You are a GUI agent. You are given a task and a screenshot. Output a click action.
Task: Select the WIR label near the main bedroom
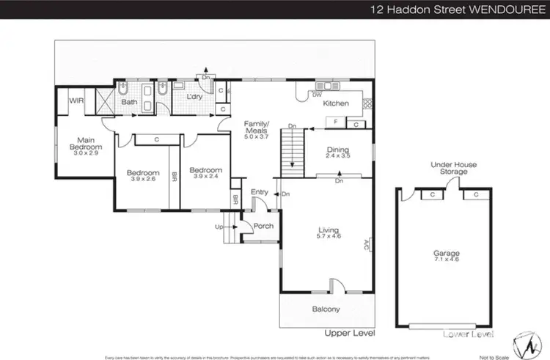[x=76, y=101]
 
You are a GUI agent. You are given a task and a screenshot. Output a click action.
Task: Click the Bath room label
[x=129, y=102]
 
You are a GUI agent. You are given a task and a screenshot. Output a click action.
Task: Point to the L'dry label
[x=194, y=97]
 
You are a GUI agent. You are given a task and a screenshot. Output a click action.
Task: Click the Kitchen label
[x=337, y=103]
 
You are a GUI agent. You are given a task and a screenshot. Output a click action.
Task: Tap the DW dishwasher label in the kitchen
[x=317, y=95]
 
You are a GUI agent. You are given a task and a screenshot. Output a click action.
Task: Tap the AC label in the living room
[x=367, y=244]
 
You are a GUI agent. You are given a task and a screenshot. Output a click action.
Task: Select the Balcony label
[x=324, y=309]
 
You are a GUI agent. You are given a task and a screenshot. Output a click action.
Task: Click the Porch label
[x=263, y=226]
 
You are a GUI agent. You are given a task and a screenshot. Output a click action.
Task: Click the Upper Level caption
[x=350, y=334]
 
